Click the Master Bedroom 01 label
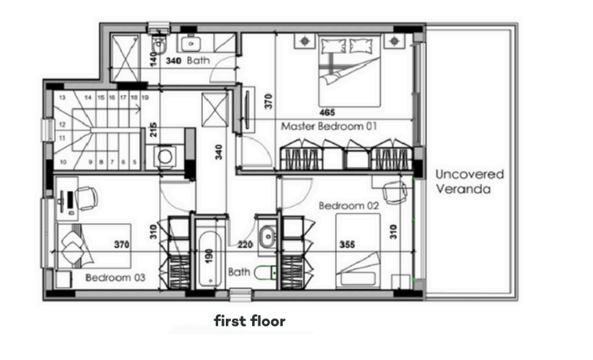pos(329,126)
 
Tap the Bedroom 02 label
pos(348,206)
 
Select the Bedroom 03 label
pos(115,278)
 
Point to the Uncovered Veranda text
pos(469,182)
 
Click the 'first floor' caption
pos(249,321)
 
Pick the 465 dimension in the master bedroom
pos(327,112)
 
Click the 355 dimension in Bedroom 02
pos(347,245)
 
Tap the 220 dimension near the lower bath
pos(245,245)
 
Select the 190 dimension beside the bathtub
pos(208,256)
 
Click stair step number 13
pos(62,97)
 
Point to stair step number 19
pos(145,97)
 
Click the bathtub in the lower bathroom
pos(210,259)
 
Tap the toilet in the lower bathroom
pos(265,272)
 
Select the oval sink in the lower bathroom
pos(268,236)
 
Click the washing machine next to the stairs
pos(165,156)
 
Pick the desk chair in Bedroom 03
pos(87,199)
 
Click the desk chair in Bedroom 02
pos(395,192)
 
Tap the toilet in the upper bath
pos(159,45)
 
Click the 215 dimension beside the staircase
pos(153,130)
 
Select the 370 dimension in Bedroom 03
pos(121,245)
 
